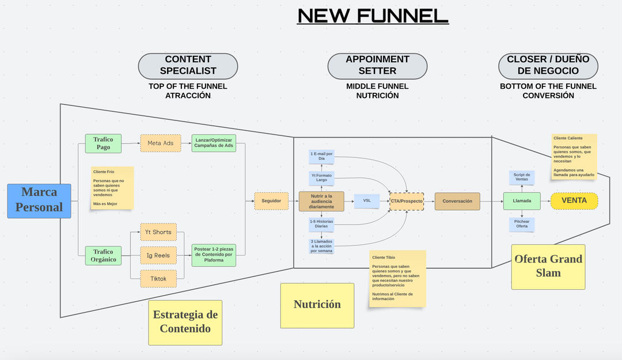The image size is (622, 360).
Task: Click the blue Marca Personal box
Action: [39, 200]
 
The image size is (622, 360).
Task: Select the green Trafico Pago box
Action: [103, 143]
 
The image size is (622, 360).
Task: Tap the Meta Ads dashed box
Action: [160, 143]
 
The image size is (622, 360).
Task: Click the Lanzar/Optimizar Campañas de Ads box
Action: [214, 143]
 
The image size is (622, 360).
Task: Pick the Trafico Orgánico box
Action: [103, 256]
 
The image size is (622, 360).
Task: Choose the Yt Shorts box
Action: [158, 232]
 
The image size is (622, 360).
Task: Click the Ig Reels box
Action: [158, 255]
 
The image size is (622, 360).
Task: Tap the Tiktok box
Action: [158, 278]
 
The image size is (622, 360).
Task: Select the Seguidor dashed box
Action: [271, 201]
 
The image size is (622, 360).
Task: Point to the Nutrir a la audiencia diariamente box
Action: [321, 201]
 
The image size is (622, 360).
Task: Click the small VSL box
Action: [367, 200]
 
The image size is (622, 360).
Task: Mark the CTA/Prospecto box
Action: [407, 201]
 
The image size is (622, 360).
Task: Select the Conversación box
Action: [457, 201]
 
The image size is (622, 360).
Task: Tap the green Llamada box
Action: [522, 201]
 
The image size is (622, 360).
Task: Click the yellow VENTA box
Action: [574, 201]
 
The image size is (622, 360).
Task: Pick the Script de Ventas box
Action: [521, 177]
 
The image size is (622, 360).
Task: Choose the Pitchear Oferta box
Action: [522, 223]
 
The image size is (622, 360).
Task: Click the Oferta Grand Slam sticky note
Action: [548, 266]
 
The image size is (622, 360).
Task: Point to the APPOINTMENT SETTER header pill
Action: [377, 66]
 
